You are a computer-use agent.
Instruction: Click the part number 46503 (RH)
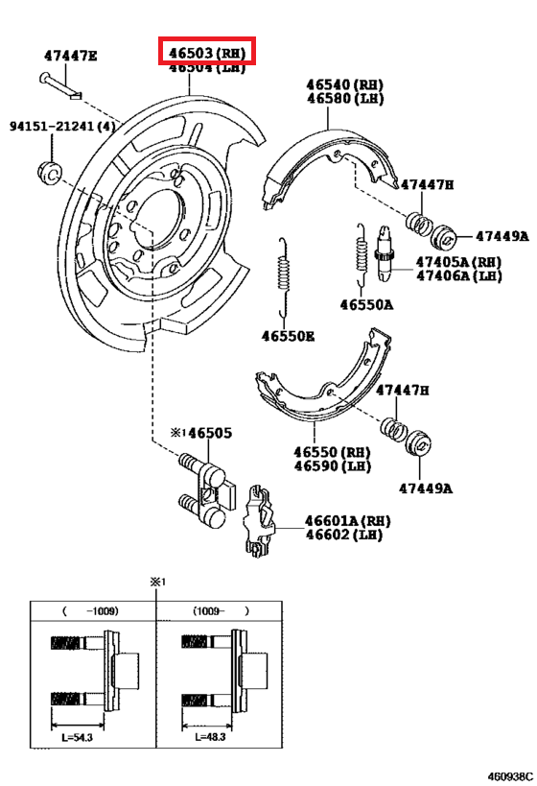(x=206, y=52)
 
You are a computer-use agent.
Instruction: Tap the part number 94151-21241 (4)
(x=63, y=127)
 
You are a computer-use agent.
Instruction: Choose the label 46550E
(x=288, y=336)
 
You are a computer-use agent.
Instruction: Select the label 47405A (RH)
(x=458, y=260)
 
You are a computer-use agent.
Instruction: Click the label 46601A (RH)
(x=348, y=519)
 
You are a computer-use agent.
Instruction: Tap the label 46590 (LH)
(x=331, y=466)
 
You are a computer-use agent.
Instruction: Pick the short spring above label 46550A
(x=361, y=254)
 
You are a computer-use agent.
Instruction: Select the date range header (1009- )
(x=220, y=610)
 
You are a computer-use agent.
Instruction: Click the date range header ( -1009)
(x=92, y=610)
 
